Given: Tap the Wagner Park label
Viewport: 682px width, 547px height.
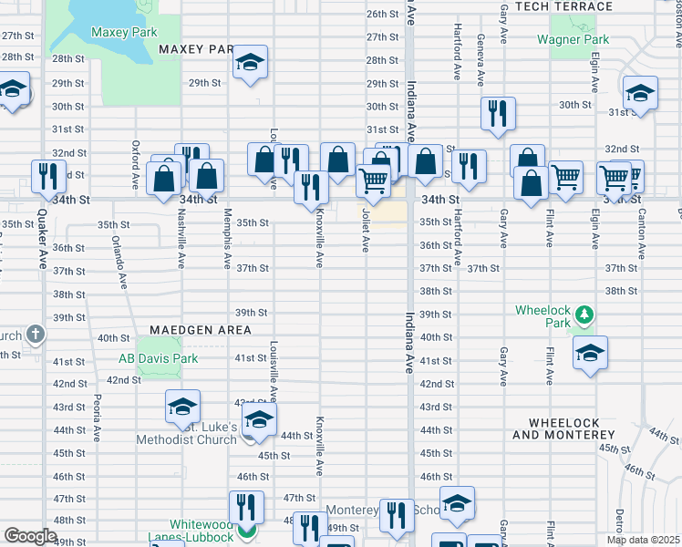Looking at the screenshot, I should (573, 39).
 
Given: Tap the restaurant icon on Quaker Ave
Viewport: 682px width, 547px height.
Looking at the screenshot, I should (48, 175).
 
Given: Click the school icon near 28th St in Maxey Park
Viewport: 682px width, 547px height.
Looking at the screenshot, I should (249, 63).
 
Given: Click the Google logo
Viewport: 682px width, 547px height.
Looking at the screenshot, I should (30, 536).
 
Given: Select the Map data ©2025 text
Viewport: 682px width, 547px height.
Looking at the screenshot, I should (643, 540).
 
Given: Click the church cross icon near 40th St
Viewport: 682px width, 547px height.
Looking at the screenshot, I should (35, 334).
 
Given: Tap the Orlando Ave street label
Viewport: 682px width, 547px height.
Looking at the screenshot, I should (118, 263).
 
